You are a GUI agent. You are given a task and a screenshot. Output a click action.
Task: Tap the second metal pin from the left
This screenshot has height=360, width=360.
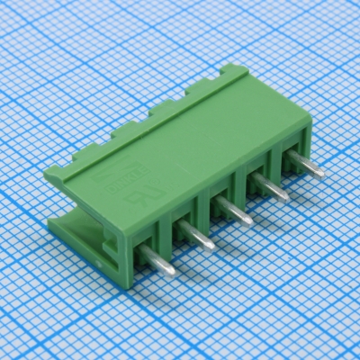[x=195, y=236]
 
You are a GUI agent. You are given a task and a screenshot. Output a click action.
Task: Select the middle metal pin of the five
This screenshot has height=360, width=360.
[x=233, y=211]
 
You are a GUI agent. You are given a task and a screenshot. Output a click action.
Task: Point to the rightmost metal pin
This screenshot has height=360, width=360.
[x=304, y=166]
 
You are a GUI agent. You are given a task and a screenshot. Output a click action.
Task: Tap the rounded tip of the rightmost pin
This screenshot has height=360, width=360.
[x=319, y=172]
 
